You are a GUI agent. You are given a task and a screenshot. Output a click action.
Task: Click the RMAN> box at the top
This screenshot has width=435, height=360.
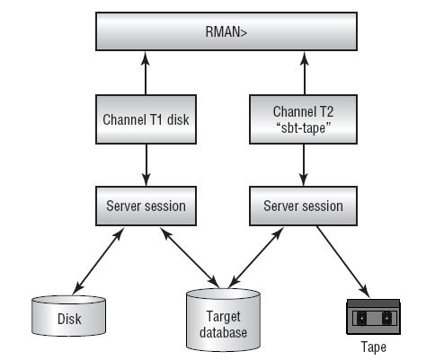pos(226,31)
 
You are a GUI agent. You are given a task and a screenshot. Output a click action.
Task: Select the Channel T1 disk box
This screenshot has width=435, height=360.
pos(146,119)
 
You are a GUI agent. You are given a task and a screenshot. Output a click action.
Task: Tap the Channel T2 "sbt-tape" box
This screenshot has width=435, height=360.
pos(303,119)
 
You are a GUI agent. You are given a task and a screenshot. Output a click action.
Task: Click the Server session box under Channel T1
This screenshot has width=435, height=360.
pos(146,206)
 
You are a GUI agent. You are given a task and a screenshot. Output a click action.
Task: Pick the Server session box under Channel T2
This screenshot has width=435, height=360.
pos(303,206)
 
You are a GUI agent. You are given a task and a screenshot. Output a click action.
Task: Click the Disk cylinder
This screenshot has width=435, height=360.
pos(68,315)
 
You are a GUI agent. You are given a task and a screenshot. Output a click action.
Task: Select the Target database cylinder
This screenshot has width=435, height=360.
pos(223,320)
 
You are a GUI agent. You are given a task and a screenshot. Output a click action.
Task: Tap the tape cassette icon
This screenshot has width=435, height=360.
pos(373,317)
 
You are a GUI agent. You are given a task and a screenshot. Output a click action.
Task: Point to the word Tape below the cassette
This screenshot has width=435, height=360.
pos(374,347)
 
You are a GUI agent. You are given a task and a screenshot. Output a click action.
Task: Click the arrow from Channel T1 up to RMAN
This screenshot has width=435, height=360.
pos(146,74)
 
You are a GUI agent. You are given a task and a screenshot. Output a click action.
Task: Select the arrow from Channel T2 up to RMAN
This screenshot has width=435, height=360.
pos(305,74)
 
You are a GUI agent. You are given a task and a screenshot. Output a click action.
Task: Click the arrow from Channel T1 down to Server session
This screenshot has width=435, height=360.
pos(146,165)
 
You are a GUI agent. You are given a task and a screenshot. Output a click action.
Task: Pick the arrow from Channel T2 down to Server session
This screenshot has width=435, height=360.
pos(304,165)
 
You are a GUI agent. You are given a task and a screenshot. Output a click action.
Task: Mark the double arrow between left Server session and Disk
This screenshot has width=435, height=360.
pos(98,261)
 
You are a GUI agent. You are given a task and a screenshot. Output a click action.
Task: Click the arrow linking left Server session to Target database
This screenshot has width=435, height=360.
pos(190,258)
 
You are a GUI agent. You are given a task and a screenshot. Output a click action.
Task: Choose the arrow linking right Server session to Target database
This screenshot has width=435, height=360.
pos(255,258)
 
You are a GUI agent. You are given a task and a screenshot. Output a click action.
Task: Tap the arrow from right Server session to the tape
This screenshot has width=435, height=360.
pos(343,262)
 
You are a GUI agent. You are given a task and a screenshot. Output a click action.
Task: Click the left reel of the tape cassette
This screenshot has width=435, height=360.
pos(361,318)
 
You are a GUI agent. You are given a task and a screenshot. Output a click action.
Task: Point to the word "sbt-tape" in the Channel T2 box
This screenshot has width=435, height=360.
pos(303,127)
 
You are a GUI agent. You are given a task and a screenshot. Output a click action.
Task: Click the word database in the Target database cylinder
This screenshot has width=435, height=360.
pos(223,332)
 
